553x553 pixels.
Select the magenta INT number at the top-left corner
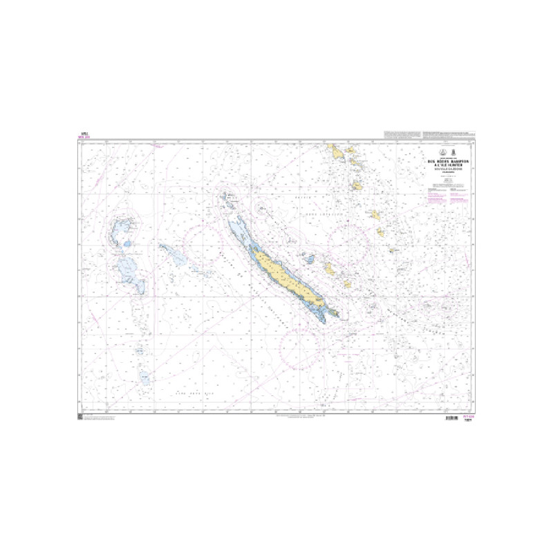pyautogui.click(x=86, y=138)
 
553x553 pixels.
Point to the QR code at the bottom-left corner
pyautogui.click(x=80, y=417)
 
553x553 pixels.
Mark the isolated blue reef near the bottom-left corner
pyautogui.click(x=144, y=377)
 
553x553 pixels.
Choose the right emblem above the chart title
pyautogui.click(x=453, y=152)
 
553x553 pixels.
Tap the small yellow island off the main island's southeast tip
pyautogui.click(x=337, y=312)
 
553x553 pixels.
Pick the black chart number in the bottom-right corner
pyautogui.click(x=471, y=422)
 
